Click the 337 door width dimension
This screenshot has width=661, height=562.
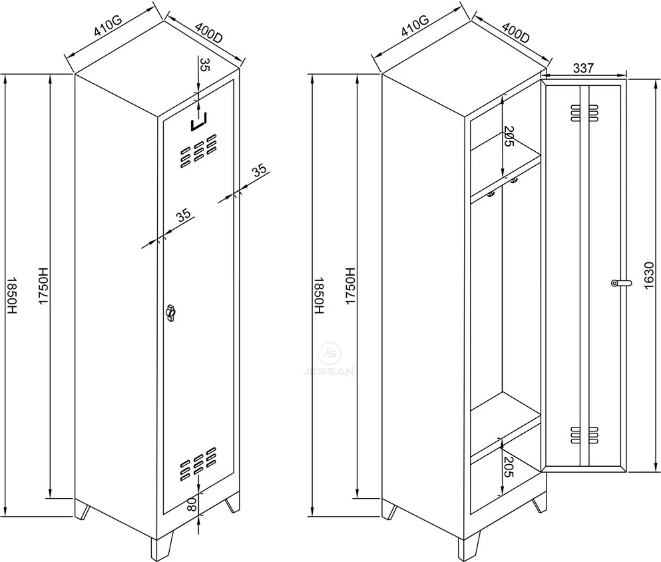[x=584, y=68]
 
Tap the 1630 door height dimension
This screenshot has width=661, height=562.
[x=649, y=275]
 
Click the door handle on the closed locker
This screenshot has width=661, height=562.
[x=170, y=312]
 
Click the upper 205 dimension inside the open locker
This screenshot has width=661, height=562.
[x=509, y=137]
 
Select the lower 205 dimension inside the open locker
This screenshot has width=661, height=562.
[x=509, y=467]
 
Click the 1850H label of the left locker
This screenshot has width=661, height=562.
[x=11, y=296]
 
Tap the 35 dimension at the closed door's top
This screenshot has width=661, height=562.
[x=204, y=65]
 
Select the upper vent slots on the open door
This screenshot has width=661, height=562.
[x=584, y=113]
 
